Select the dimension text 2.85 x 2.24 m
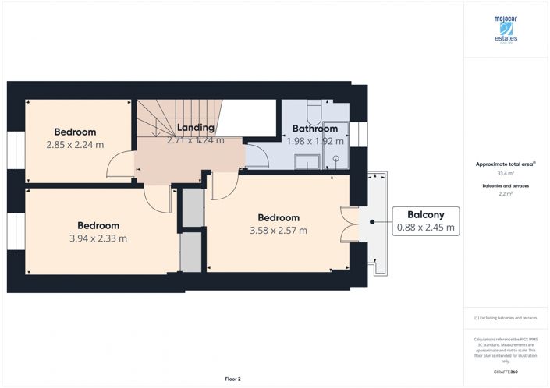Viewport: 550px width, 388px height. pos(76,144)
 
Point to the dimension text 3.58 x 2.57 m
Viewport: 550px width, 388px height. pos(278,230)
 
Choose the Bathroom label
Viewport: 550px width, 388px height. pos(314,129)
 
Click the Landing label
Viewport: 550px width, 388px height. pos(195,128)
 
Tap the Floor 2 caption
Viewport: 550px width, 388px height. pos(233,379)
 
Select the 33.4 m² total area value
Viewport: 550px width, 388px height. pos(506,174)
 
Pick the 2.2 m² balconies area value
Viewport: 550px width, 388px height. pos(506,196)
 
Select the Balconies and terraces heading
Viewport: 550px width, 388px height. pos(506,187)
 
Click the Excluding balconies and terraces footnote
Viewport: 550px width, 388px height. pos(506,319)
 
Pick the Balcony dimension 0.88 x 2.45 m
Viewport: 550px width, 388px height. pos(426,228)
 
